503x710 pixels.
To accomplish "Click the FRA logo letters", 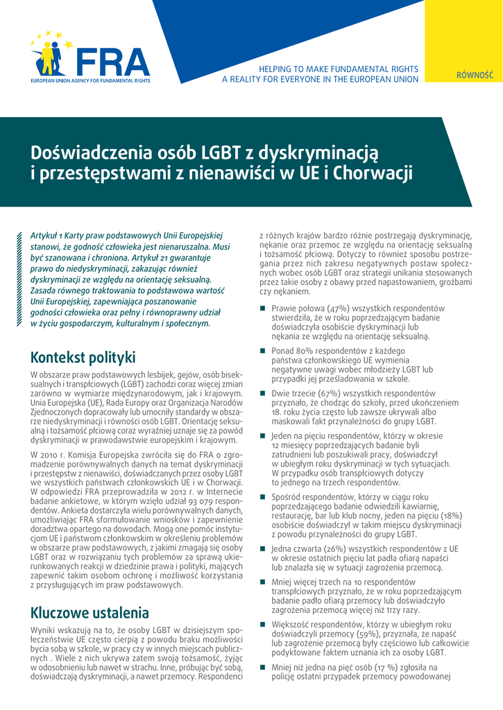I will [x=113, y=62].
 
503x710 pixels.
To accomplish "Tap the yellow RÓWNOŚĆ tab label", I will [x=475, y=75].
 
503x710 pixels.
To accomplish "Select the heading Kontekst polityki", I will [x=83, y=358].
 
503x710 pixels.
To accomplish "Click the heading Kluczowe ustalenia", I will [x=89, y=612].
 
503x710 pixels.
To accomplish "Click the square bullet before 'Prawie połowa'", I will [x=263, y=308].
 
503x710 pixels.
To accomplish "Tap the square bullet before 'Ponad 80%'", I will [x=263, y=351].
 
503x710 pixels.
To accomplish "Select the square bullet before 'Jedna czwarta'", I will [x=263, y=548].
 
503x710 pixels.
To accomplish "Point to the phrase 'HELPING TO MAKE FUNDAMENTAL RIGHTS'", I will [x=338, y=69].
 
